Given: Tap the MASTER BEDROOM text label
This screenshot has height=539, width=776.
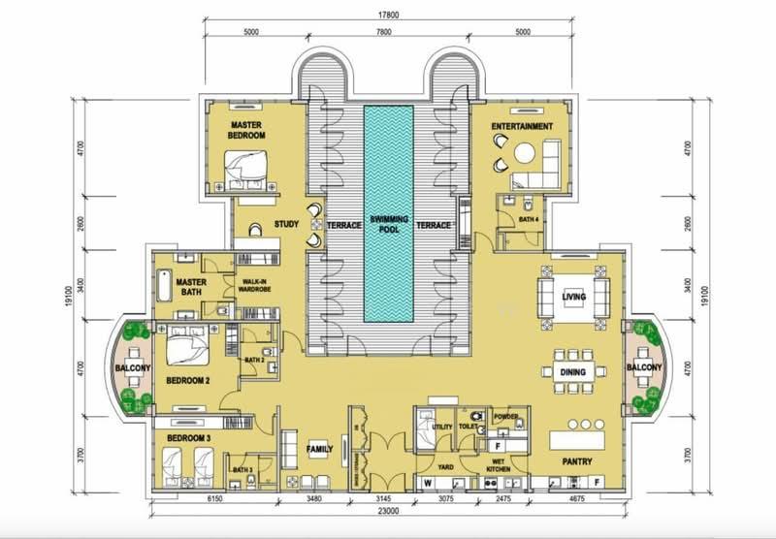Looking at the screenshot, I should (247, 131).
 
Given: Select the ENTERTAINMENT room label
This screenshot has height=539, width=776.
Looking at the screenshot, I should (522, 127).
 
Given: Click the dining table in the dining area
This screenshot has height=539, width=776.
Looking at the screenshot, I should (570, 370).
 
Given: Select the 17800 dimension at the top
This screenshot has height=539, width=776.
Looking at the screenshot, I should (387, 14).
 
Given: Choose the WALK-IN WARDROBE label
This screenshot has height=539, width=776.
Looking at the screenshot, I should (254, 286).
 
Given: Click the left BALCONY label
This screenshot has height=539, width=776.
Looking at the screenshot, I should (132, 368).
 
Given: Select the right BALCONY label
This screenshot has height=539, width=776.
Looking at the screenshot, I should (643, 368).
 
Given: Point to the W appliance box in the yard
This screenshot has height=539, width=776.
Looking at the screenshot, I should (425, 481).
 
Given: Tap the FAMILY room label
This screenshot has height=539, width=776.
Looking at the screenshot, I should (320, 451).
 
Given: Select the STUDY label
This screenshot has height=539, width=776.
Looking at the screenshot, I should (286, 225).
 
